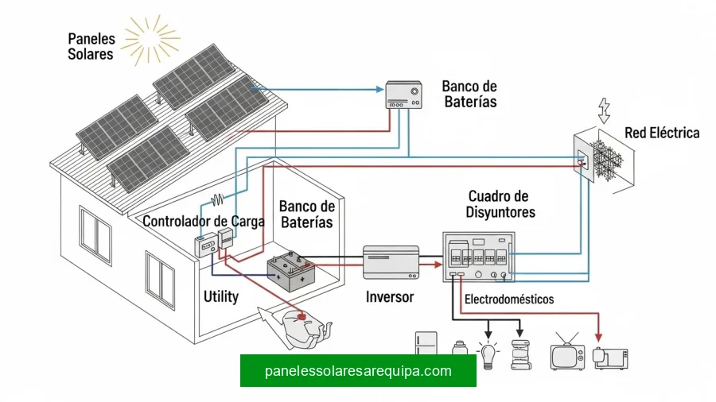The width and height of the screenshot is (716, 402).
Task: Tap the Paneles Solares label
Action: point(91,46)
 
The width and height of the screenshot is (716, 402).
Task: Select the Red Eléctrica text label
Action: point(662,133)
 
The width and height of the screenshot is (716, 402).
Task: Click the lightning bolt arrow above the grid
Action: point(604,110)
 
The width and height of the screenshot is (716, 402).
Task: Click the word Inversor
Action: point(390,296)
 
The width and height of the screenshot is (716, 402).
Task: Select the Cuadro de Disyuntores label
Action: point(501,204)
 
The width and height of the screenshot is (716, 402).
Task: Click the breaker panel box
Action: point(478,257)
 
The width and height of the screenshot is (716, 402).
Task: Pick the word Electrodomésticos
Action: point(509,300)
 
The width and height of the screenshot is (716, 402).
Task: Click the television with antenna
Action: point(568,354)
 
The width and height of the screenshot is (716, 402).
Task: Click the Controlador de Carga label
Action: point(203,222)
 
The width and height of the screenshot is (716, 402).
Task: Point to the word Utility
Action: point(220,296)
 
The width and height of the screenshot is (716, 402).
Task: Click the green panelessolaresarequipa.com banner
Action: point(358,370)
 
